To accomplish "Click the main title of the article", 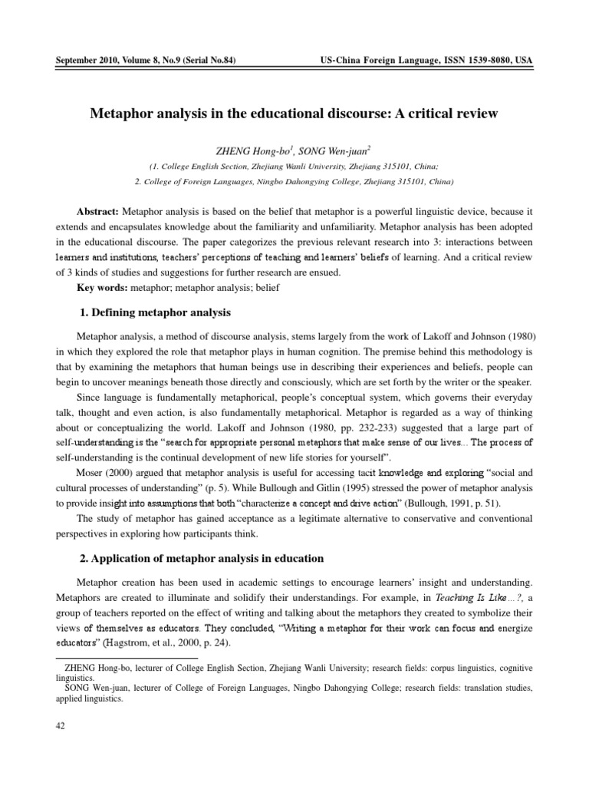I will tap(294, 114).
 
